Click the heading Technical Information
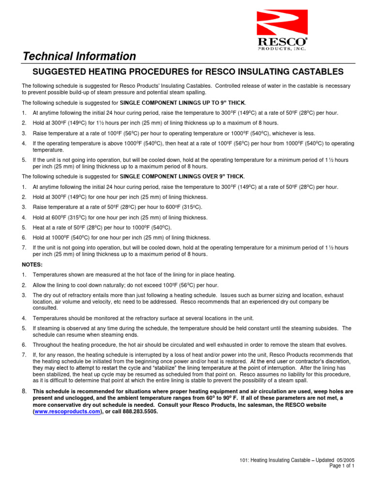pos(80,56)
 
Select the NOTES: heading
pos(32,264)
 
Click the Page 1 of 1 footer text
pos(342,466)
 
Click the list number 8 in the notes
pos(24,390)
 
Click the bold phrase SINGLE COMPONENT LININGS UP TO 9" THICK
pos(183,103)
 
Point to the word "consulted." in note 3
pos(45,308)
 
